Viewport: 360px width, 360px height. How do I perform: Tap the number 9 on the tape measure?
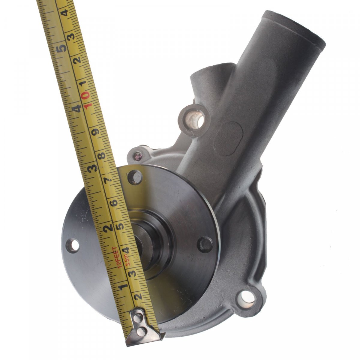(96, 132)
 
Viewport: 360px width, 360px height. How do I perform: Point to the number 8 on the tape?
(102, 155)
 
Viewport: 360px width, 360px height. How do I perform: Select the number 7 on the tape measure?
(108, 180)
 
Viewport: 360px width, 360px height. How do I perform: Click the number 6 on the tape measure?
(114, 202)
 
